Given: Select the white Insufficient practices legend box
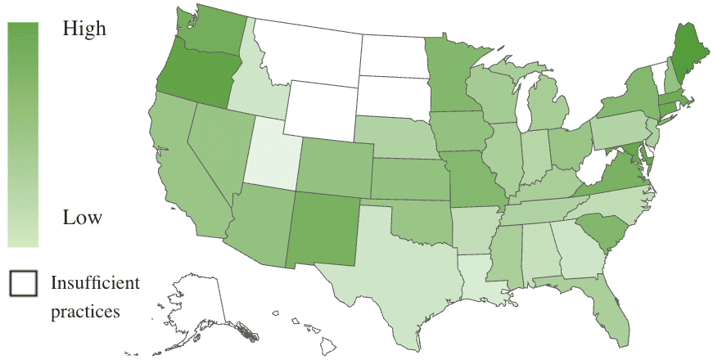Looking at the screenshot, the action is pyautogui.click(x=24, y=283).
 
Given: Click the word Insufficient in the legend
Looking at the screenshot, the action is pyautogui.click(x=95, y=283).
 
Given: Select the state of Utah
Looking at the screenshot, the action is pyautogui.click(x=272, y=147).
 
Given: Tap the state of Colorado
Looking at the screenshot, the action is pyautogui.click(x=336, y=168).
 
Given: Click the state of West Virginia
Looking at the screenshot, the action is pyautogui.click(x=589, y=171).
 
